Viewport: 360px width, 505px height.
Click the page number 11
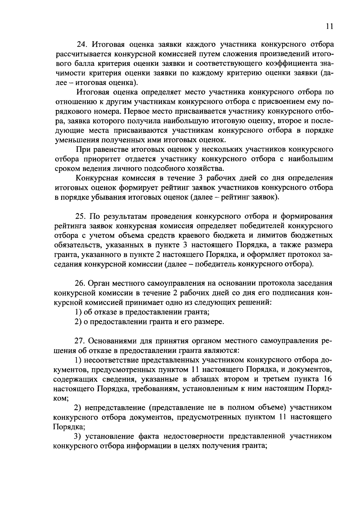pyautogui.click(x=329, y=26)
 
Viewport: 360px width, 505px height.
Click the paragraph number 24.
pyautogui.click(x=82, y=45)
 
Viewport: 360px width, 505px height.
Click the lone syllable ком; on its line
pyautogui.click(x=61, y=398)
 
